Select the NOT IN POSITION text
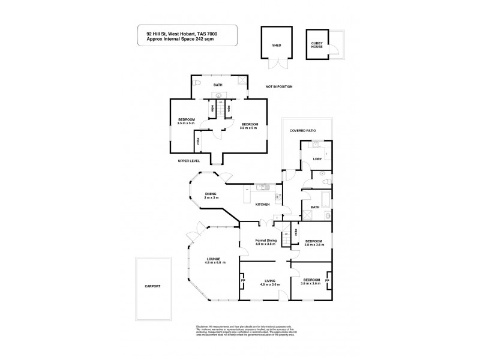coord(279,87)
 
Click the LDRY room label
coord(317,159)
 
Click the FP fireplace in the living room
coord(243,281)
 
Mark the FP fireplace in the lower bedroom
coord(328,281)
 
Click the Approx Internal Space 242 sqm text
coord(181,40)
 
